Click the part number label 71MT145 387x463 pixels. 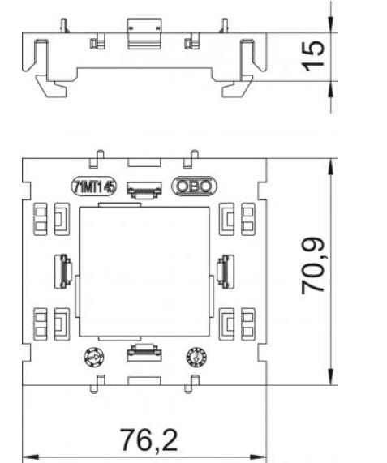93,186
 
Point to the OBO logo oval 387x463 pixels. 193,186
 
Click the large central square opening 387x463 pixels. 144,268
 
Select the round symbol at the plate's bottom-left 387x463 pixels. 93,358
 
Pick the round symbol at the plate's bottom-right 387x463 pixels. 194,357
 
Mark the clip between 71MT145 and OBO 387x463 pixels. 144,188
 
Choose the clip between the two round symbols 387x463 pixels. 144,351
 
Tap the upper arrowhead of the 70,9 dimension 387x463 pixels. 330,165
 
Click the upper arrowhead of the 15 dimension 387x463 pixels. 330,26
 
